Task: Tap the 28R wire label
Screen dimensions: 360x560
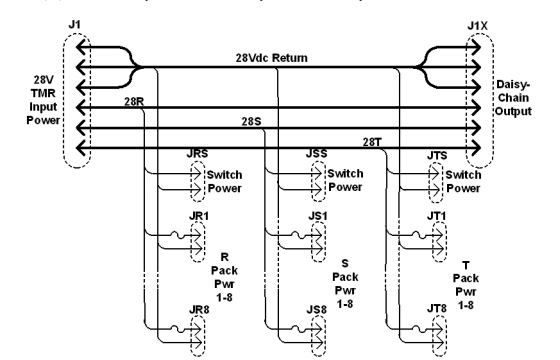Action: click(134, 101)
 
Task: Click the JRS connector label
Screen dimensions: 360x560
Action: click(198, 155)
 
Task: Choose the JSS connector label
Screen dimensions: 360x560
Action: click(316, 155)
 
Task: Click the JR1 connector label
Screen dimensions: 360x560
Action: click(197, 214)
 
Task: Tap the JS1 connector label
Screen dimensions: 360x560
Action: click(316, 214)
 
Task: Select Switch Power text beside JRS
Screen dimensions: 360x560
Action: click(222, 180)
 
